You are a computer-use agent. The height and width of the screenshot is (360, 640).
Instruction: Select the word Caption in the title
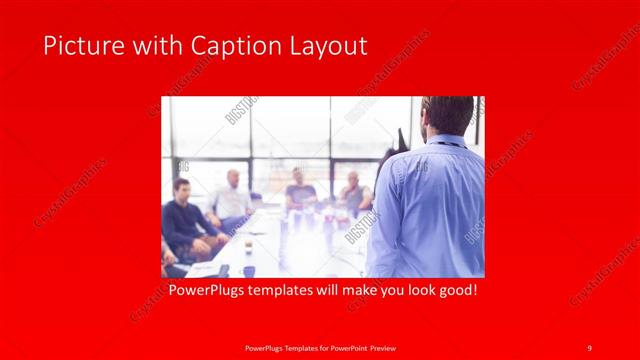219,46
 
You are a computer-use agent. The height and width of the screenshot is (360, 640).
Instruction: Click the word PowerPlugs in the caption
205,291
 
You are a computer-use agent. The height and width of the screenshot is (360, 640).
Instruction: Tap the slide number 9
590,347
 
